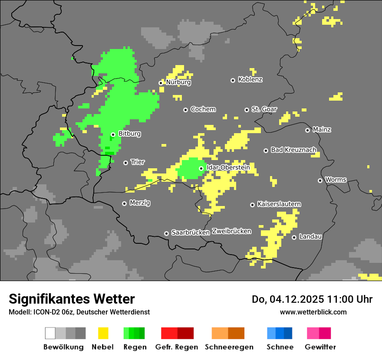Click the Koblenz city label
tap(250, 80)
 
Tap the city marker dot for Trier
tap(126, 163)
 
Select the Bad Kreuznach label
tap(293, 150)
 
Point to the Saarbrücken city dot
tap(166, 233)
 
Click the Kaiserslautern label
tap(279, 204)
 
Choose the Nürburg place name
tap(178, 82)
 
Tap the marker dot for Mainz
tap(307, 130)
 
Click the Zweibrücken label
tap(232, 231)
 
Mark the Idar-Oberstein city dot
tap(201, 168)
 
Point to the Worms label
tap(336, 180)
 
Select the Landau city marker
tap(294, 237)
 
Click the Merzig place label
tap(140, 203)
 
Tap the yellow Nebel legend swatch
tap(102, 333)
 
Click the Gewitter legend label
tap(320, 347)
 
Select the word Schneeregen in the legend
tap(229, 347)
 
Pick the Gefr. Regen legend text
tap(177, 347)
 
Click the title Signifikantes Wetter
tap(72, 299)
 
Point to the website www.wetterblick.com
tap(313, 312)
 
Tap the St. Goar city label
tap(264, 109)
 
